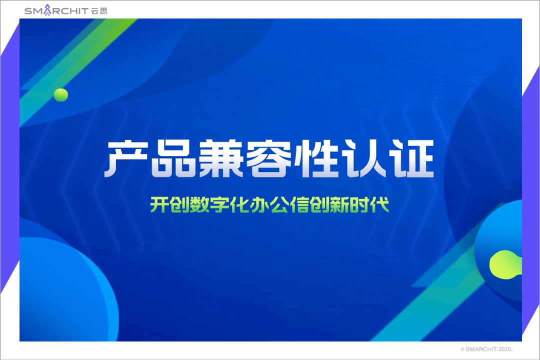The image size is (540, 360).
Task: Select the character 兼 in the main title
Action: tap(221, 158)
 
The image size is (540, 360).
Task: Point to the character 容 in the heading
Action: tap(269, 158)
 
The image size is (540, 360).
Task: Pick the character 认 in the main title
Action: tap(364, 158)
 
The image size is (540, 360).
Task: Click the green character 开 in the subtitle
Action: tap(159, 204)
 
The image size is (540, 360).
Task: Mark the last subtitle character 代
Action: tap(379, 204)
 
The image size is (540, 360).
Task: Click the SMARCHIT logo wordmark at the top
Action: tap(56, 10)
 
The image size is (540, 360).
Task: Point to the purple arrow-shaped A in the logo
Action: tap(47, 10)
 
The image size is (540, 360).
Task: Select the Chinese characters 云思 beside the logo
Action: tap(99, 11)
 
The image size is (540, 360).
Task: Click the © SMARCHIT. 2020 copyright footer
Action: tap(486, 349)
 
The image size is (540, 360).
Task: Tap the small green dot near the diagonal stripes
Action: tap(60, 94)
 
